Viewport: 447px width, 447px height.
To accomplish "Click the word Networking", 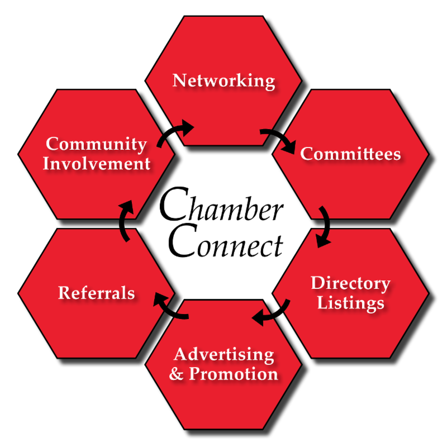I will pyautogui.click(x=223, y=80).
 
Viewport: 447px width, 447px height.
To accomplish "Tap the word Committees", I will pyautogui.click(x=350, y=154).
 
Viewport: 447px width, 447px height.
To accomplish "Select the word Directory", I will pyautogui.click(x=350, y=283).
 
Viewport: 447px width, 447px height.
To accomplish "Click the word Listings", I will pyautogui.click(x=350, y=303).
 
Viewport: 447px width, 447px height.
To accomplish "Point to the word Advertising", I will pyautogui.click(x=223, y=354).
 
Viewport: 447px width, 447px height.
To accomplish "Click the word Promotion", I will pyautogui.click(x=233, y=373).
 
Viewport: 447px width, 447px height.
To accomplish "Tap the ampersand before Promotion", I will pyautogui.click(x=177, y=374).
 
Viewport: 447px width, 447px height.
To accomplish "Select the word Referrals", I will pyautogui.click(x=97, y=293).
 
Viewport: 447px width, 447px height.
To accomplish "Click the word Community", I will pyautogui.click(x=97, y=144).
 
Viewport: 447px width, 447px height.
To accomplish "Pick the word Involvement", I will pyautogui.click(x=97, y=164).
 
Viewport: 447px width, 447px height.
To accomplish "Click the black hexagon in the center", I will pyautogui.click(x=223, y=223).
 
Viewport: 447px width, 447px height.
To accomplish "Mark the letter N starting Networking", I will pyautogui.click(x=179, y=80).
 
